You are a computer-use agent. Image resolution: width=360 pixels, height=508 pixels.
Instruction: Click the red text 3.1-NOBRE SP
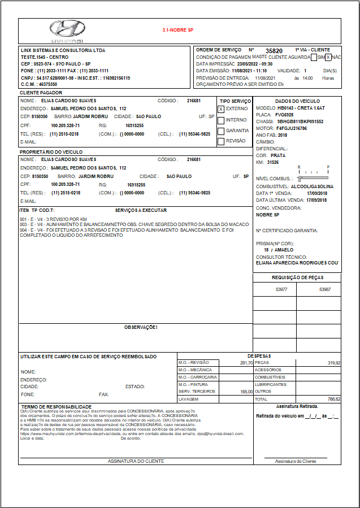tap(177, 29)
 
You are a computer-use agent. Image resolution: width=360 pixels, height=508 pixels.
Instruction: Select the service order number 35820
tap(274, 51)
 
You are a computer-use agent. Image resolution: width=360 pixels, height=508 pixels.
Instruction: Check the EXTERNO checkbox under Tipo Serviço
tap(221, 109)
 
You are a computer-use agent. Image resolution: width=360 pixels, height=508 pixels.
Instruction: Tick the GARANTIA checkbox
tap(221, 131)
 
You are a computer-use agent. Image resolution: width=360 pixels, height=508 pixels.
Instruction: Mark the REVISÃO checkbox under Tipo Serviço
tap(221, 142)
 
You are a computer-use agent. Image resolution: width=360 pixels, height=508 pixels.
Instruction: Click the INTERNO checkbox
tap(221, 120)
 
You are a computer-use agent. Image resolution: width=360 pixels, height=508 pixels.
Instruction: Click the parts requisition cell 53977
tap(281, 289)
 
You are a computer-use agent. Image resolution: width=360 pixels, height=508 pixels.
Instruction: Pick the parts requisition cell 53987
tap(324, 289)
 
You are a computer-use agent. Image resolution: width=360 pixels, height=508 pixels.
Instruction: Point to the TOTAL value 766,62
tap(334, 399)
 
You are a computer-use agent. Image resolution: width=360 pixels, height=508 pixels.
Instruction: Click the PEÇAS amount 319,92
tap(334, 363)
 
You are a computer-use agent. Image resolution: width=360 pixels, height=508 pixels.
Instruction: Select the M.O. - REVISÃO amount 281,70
tap(246, 363)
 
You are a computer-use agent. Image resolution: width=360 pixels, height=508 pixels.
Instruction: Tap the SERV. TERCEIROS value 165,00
tap(246, 391)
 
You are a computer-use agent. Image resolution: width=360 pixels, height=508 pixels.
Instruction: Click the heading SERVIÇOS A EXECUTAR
tap(140, 210)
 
